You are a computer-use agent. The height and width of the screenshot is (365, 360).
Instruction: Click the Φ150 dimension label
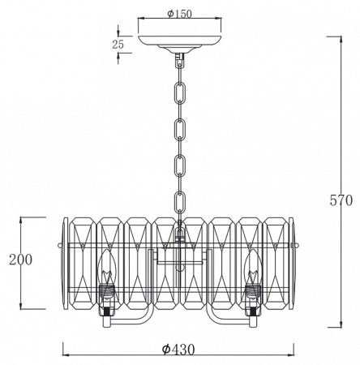(179, 14)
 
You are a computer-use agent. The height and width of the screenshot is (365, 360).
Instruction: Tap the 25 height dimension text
(118, 45)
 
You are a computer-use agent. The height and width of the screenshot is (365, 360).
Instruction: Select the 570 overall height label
(341, 200)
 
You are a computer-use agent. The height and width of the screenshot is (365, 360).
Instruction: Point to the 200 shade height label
(20, 260)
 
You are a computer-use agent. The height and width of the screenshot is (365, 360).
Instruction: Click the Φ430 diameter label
(178, 350)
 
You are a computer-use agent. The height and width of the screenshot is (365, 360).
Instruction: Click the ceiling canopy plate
(179, 43)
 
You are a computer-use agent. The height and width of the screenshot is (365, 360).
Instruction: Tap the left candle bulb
(107, 266)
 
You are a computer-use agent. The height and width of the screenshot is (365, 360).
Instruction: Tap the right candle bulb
(253, 266)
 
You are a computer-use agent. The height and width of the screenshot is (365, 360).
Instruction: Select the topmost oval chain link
(179, 93)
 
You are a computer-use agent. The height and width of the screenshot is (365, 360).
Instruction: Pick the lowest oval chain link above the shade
(180, 201)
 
